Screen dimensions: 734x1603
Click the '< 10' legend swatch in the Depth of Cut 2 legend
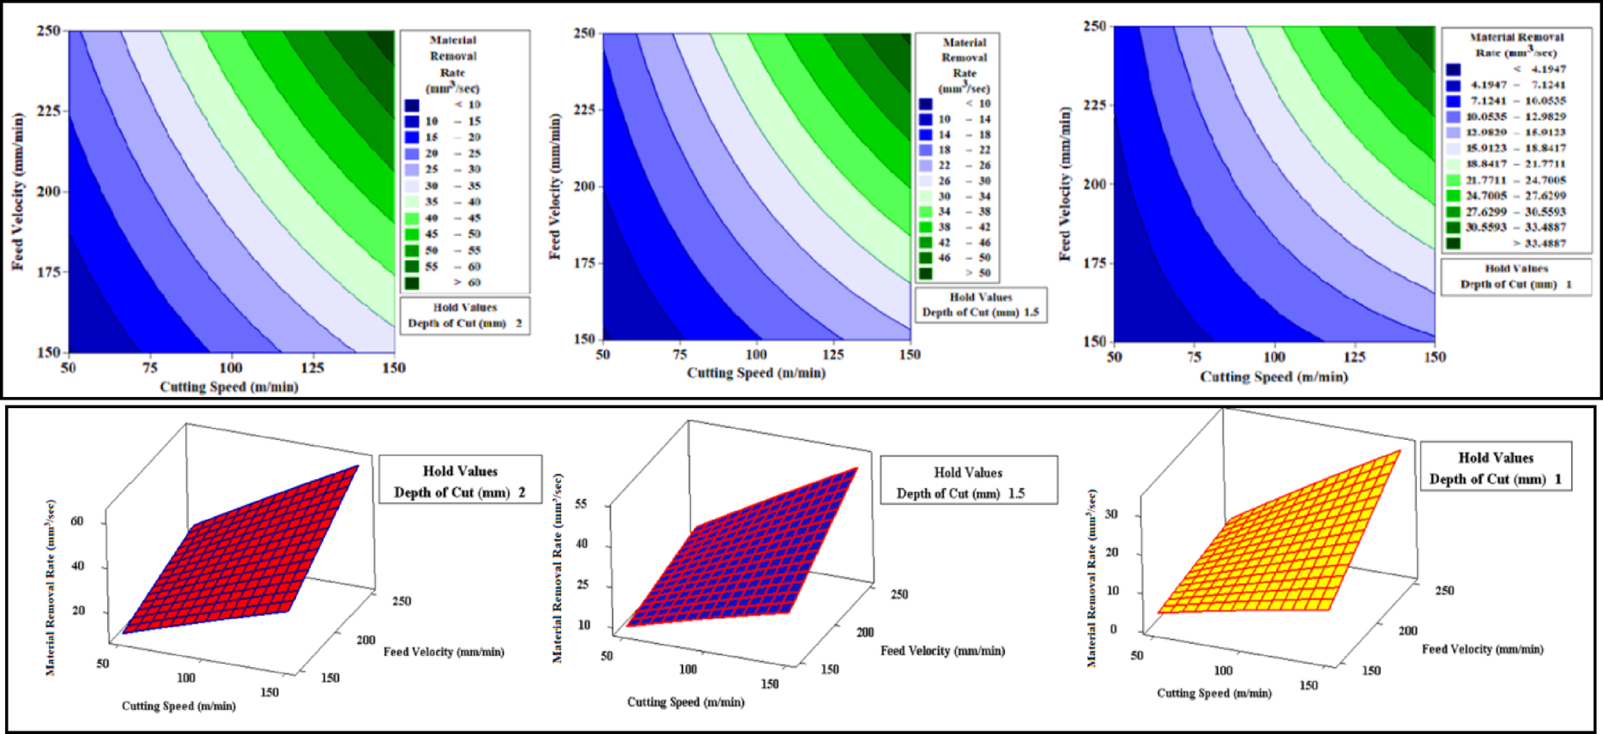click(x=412, y=105)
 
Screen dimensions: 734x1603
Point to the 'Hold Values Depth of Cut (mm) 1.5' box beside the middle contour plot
click(x=980, y=304)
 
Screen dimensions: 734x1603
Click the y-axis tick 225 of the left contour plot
click(x=48, y=111)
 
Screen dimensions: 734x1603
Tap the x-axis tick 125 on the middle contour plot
click(x=833, y=354)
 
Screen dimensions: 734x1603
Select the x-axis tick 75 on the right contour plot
click(x=1195, y=357)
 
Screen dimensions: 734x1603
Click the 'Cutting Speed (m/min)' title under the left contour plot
click(x=229, y=387)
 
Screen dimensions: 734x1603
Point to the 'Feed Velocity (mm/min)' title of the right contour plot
click(x=1066, y=184)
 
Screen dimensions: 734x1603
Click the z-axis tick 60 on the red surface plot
click(x=77, y=521)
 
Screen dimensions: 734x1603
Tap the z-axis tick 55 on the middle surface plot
click(x=581, y=504)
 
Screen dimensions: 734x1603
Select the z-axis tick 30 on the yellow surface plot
click(x=1113, y=514)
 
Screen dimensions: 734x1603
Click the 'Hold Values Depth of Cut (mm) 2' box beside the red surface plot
click(x=460, y=481)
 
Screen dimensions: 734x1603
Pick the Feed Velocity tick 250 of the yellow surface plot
click(x=1445, y=591)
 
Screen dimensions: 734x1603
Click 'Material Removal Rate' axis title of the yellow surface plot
click(x=1092, y=578)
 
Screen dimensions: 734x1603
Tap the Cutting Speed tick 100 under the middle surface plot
click(x=688, y=669)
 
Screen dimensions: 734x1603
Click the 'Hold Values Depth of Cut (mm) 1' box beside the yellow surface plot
click(x=1496, y=468)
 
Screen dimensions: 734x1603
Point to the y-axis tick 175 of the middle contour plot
click(x=584, y=262)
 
